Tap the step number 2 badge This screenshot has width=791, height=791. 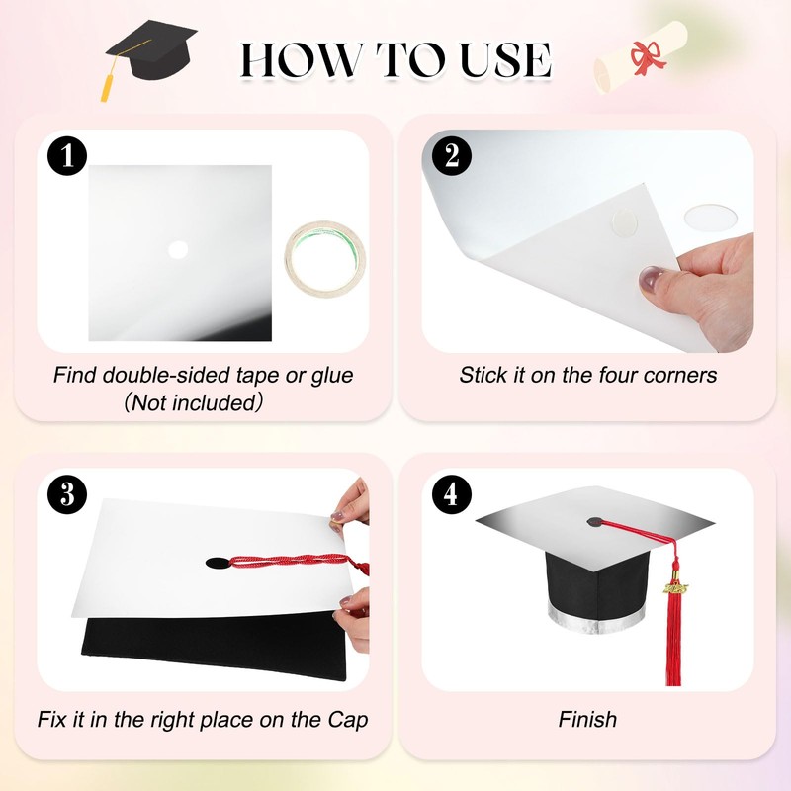click(x=452, y=156)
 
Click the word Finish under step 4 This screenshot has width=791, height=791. click(x=587, y=720)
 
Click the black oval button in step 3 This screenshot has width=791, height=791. click(x=216, y=565)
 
